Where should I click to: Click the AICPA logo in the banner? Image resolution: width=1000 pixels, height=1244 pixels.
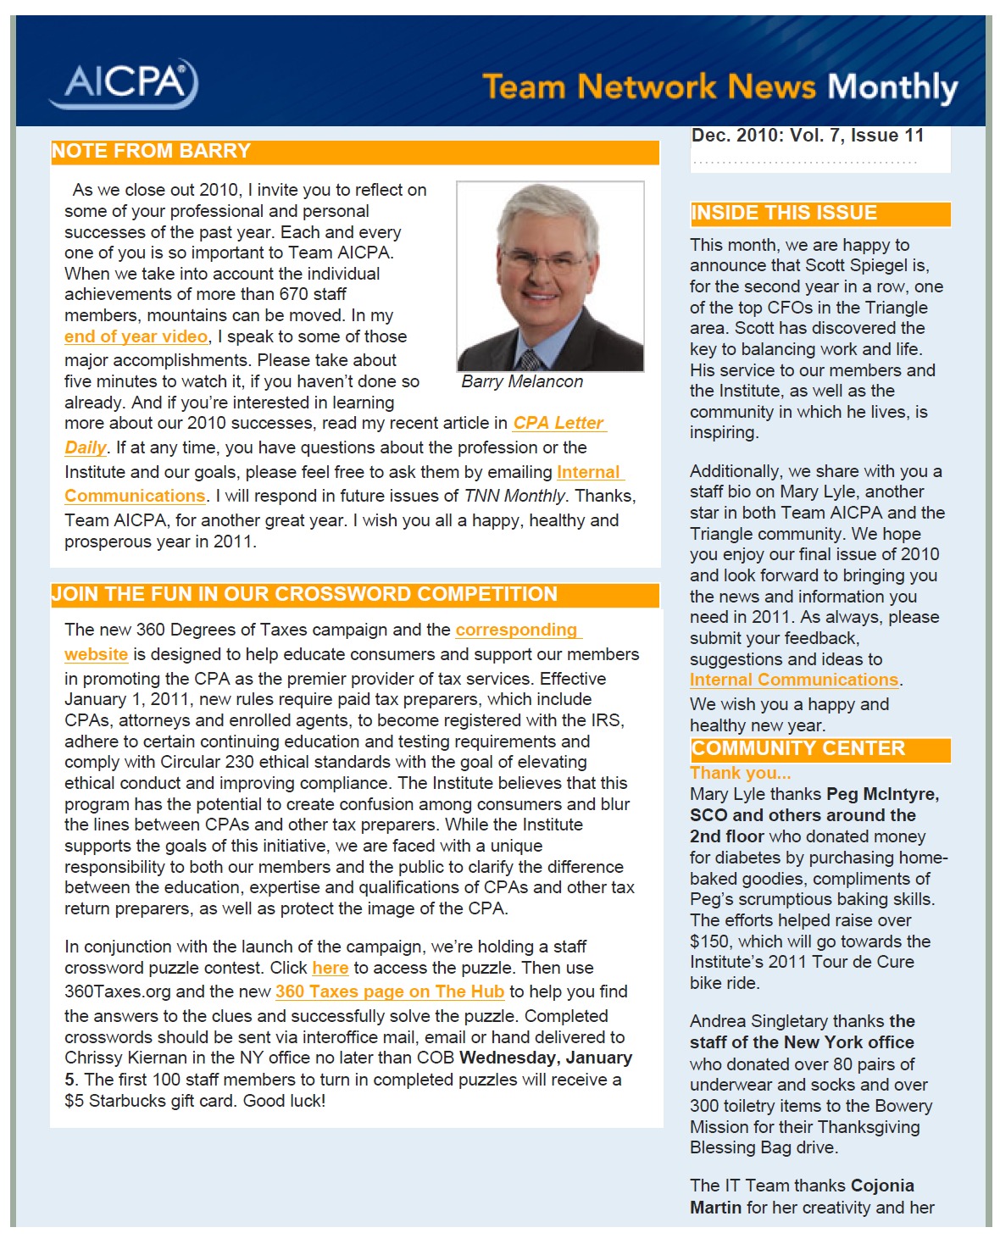(125, 83)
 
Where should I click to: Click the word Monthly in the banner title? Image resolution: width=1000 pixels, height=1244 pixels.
(892, 87)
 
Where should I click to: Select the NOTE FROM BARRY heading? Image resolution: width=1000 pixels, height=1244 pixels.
(151, 152)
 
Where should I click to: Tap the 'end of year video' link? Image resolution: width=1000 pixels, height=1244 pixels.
(136, 336)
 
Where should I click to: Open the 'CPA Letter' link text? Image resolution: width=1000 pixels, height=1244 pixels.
(558, 423)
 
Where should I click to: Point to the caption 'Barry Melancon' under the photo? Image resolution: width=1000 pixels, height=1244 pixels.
(522, 382)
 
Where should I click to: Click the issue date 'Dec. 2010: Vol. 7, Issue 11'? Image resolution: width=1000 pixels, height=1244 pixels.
(807, 136)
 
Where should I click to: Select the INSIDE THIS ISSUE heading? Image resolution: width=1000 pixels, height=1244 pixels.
(784, 214)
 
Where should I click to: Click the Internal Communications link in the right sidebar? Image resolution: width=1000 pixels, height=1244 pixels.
(793, 680)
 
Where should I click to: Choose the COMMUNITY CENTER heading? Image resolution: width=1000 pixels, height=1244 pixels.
(798, 749)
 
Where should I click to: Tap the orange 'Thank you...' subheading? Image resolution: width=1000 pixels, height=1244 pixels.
(740, 773)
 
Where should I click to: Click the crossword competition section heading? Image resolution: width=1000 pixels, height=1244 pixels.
(304, 595)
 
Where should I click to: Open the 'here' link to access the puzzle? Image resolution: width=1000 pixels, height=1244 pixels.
(330, 968)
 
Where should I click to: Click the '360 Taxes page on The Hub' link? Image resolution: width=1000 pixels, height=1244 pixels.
(389, 991)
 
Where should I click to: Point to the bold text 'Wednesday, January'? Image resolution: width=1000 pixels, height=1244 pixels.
(546, 1058)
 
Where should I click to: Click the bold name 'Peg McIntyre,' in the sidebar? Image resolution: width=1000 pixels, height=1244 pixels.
(882, 795)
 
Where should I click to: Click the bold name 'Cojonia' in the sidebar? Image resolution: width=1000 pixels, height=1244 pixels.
(882, 1186)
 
